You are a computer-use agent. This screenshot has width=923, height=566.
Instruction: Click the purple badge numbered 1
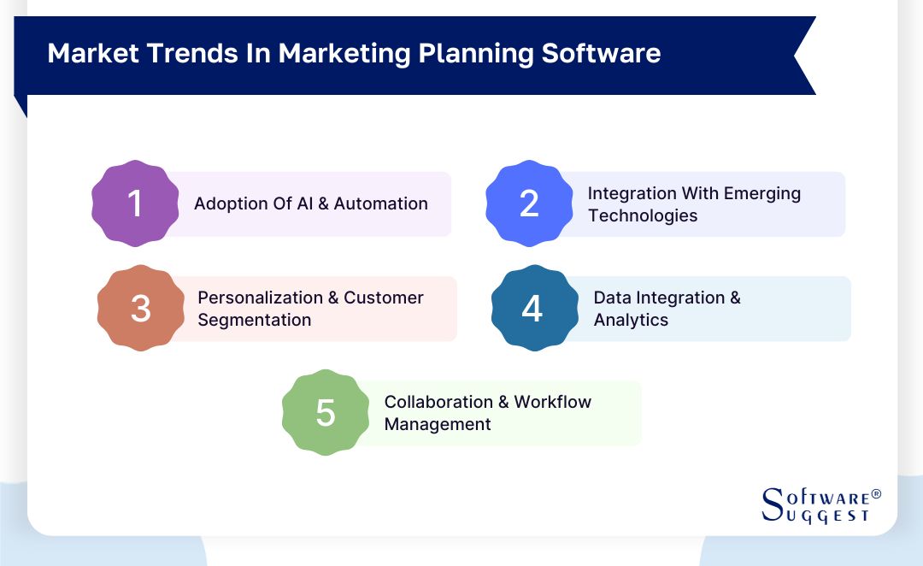coord(135,203)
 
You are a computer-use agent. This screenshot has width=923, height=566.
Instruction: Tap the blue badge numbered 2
coord(529,203)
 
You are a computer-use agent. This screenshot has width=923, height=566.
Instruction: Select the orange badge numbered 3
coord(141,309)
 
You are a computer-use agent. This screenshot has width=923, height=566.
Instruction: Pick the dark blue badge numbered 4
coord(532,309)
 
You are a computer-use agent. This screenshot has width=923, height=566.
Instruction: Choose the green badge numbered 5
coord(326,413)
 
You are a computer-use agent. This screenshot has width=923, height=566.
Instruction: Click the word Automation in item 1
coord(381,203)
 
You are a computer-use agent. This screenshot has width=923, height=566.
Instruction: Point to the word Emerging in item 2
coord(762,193)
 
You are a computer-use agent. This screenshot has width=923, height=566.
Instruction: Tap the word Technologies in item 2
coord(643,215)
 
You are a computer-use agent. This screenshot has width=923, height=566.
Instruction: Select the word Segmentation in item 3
coord(254,320)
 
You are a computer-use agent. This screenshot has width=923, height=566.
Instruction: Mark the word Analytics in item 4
coord(631,320)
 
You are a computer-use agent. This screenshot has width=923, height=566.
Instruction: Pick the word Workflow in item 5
coord(552,402)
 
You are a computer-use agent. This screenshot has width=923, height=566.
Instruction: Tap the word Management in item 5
coord(438,424)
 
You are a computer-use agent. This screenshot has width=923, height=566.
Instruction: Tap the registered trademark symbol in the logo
coord(875,495)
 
